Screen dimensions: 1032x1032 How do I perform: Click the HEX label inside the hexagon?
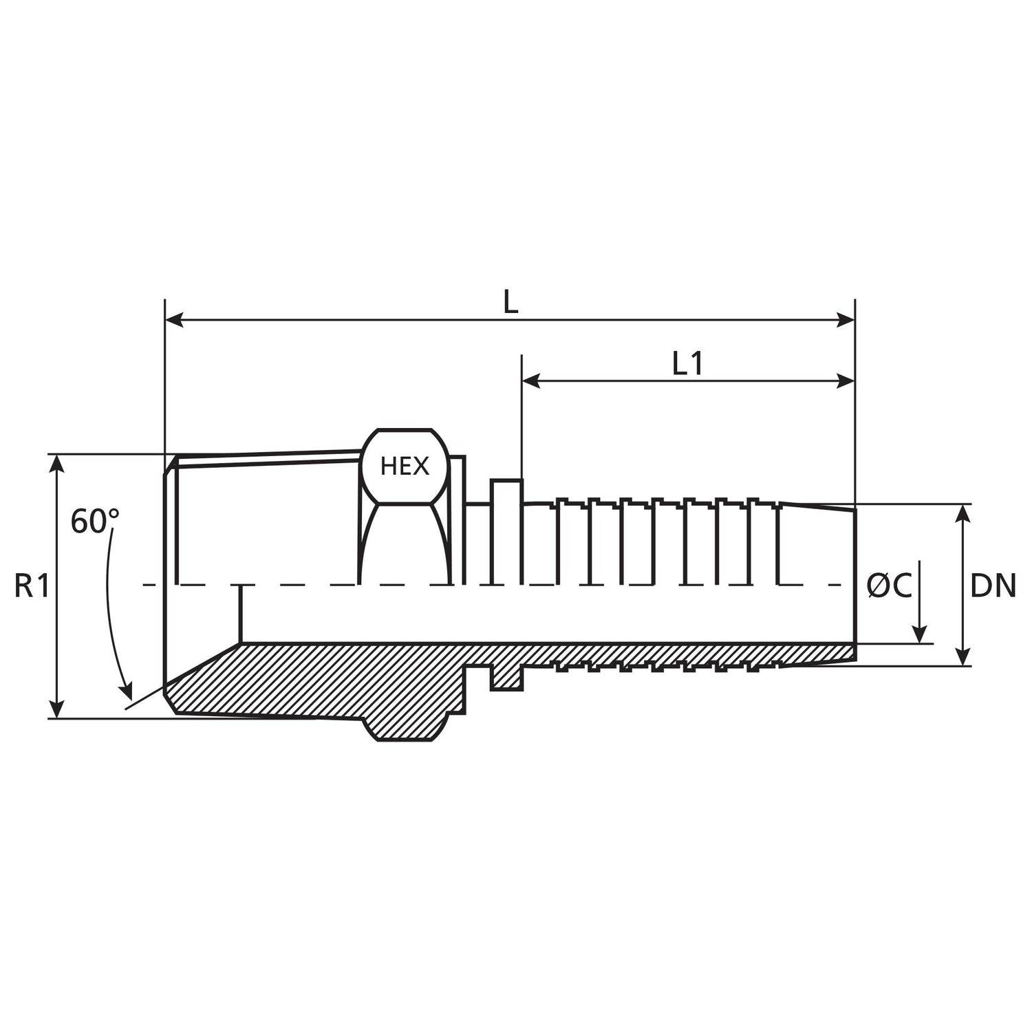tap(405, 466)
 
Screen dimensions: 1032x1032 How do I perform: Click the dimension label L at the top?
tap(510, 302)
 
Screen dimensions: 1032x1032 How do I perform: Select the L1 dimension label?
tap(687, 364)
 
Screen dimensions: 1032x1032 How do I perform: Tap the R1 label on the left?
tap(32, 587)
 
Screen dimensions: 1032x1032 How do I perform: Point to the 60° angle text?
tap(95, 522)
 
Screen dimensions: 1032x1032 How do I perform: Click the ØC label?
tap(889, 586)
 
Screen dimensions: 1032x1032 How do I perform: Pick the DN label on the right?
tap(993, 586)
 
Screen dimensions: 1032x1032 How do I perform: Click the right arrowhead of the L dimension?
tap(846, 320)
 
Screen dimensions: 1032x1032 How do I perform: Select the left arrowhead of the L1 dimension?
tap(531, 380)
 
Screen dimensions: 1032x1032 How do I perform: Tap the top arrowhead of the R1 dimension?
tap(58, 463)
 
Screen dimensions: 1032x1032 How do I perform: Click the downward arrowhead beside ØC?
tap(920, 634)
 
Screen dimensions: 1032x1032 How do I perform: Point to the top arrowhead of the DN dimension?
tap(965, 513)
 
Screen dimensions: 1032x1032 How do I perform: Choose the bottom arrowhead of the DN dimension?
tap(965, 656)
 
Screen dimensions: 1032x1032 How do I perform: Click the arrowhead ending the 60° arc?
tap(126, 691)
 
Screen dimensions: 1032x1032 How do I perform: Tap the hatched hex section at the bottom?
tap(406, 726)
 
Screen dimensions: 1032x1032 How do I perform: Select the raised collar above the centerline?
tap(506, 530)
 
